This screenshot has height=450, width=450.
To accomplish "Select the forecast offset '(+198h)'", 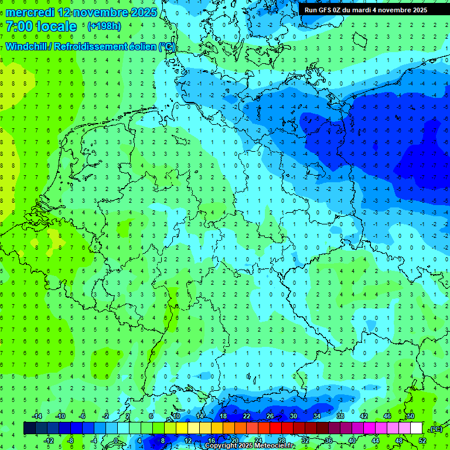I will (x=104, y=26).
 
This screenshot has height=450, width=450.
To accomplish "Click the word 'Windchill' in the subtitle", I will (x=26, y=46).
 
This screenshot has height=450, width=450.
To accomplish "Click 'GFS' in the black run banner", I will (x=326, y=10).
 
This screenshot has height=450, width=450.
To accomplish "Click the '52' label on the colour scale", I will (x=422, y=441).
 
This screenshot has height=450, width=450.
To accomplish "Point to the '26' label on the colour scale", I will (x=270, y=416).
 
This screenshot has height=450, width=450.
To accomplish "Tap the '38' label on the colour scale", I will (x=340, y=416).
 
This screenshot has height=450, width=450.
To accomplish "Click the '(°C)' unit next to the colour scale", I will (x=437, y=429).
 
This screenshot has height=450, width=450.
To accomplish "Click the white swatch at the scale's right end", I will (x=417, y=428).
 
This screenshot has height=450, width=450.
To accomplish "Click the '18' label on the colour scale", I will (x=223, y=416).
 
